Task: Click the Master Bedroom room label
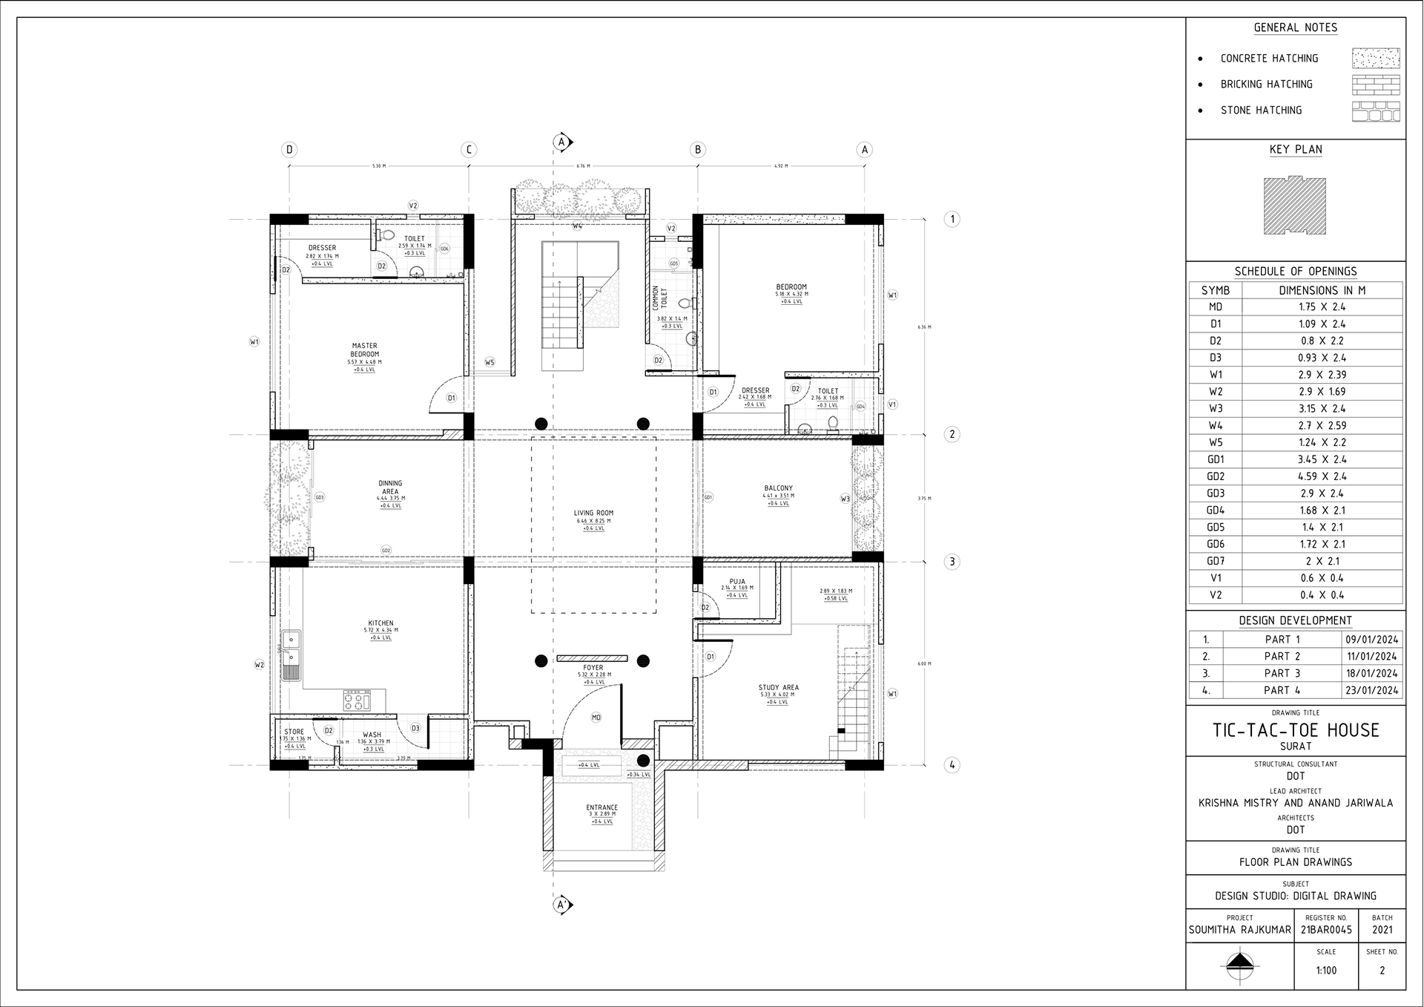[364, 350]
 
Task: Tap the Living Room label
[593, 514]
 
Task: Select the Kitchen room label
[380, 623]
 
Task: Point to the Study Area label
[778, 688]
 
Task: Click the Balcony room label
[778, 489]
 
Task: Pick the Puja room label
[736, 582]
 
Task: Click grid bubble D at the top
[289, 150]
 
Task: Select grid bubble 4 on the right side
[952, 765]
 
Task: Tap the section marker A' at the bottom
[561, 905]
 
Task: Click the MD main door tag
[596, 718]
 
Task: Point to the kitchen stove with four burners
[357, 701]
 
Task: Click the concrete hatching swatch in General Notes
[1375, 59]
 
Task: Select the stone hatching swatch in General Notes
[1375, 111]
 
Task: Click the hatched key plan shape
[1295, 206]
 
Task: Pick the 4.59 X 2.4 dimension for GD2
[1322, 476]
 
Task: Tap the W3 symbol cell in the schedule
[1215, 409]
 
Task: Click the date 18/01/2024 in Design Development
[1372, 674]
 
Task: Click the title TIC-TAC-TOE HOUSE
[1295, 730]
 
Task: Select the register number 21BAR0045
[1326, 930]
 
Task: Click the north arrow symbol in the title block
[1239, 965]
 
